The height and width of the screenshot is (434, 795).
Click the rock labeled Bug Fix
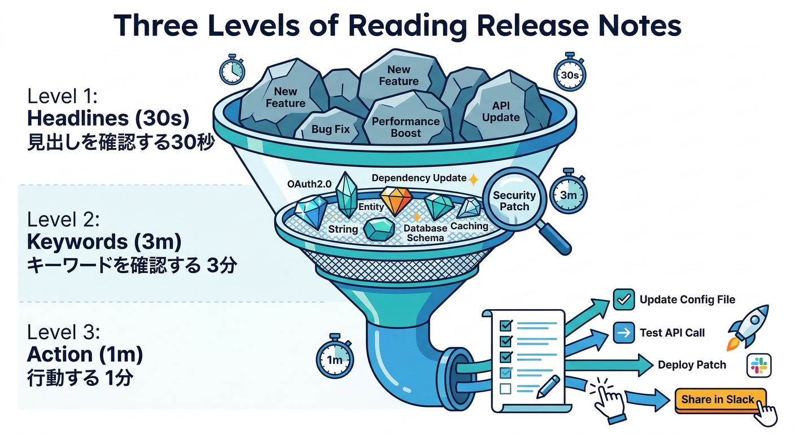coord(330,129)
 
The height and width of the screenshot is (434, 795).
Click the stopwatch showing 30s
coord(569,74)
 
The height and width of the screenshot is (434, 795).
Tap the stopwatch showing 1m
coord(334,359)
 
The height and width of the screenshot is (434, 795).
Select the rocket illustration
coord(749,325)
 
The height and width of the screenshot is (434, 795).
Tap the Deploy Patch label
coord(692,365)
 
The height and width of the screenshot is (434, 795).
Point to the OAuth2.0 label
coord(309,184)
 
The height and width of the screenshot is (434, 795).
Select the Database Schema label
coord(425,232)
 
